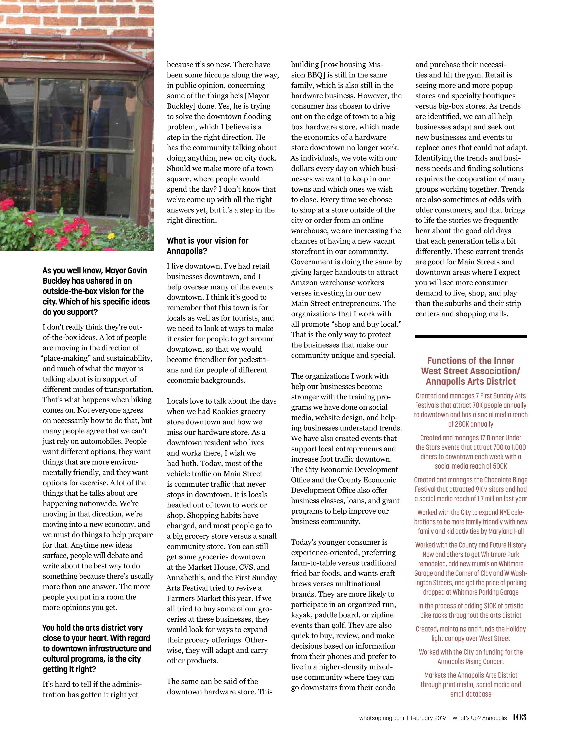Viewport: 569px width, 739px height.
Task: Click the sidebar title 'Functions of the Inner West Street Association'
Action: [x=470, y=371]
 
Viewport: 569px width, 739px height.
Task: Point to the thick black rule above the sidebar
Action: [x=470, y=336]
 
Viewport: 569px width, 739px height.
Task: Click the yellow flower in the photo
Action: [x=110, y=236]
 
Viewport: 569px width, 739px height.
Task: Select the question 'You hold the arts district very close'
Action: [x=97, y=648]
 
